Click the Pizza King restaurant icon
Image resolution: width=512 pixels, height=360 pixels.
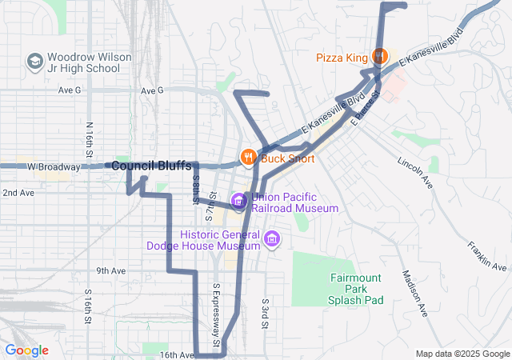point(379,57)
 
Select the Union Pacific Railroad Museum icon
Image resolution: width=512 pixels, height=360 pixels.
point(238,200)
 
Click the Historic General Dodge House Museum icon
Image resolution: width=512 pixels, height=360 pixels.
point(271,238)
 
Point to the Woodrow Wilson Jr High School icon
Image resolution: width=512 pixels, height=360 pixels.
point(34,61)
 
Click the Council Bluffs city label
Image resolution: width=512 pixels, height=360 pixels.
point(151,166)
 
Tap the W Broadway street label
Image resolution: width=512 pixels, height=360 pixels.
point(54,167)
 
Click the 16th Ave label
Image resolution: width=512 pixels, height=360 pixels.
point(176,354)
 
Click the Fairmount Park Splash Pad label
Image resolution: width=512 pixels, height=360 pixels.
point(357,289)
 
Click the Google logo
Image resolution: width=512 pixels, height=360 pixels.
point(26,350)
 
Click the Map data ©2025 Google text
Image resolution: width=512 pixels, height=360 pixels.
point(462,354)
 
